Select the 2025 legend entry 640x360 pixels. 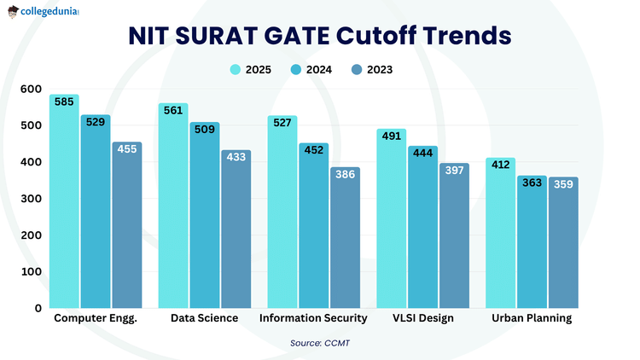(251, 70)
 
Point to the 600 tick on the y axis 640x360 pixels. (31, 89)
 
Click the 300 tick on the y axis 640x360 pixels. (31, 199)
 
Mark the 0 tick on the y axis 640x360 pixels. (38, 308)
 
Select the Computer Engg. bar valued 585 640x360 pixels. (64, 205)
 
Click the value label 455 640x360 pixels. (126, 148)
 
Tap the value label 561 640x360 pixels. (173, 109)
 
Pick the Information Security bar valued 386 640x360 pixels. (345, 239)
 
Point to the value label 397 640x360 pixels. (454, 170)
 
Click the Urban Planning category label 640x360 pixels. (532, 318)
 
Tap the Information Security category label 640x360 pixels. (313, 318)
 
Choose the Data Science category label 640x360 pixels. (204, 318)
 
